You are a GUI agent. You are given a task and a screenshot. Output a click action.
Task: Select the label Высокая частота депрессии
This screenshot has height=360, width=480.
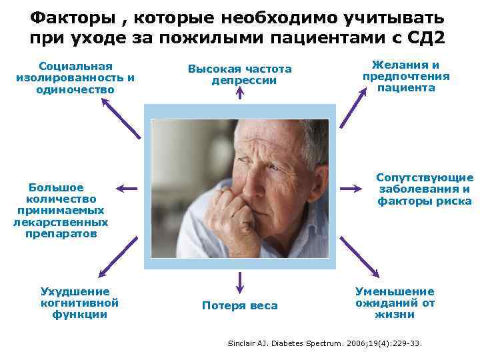coord(239,75)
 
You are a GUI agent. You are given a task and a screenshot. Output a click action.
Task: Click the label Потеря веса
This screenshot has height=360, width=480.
coord(239,305)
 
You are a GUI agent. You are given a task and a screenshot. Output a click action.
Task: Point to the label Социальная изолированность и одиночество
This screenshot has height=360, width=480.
coord(75,77)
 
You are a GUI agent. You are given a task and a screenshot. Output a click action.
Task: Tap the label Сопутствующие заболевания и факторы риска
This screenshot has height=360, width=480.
coord(425,189)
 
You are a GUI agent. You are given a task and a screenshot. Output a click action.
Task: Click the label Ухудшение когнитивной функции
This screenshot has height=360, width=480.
coord(75,303)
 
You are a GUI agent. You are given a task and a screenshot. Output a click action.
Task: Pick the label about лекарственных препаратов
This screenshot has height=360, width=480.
coord(61,210)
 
